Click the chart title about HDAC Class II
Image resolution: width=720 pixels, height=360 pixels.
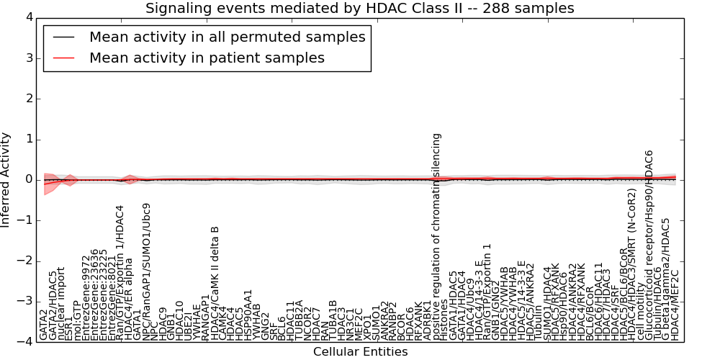click(360, 9)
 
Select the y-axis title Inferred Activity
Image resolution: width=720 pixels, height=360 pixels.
click(6, 179)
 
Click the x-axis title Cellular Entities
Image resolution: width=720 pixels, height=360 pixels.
click(360, 352)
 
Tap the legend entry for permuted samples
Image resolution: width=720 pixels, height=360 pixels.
click(227, 37)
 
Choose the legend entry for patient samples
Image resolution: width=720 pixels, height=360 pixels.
click(207, 58)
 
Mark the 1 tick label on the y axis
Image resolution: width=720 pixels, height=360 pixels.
click(27, 139)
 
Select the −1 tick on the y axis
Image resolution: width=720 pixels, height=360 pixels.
click(23, 220)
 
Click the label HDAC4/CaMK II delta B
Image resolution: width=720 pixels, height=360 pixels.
click(214, 283)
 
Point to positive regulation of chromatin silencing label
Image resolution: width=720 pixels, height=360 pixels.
click(436, 236)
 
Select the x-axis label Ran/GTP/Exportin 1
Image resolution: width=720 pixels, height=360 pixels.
click(487, 292)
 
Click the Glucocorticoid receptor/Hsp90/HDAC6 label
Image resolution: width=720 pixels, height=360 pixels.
click(649, 246)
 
